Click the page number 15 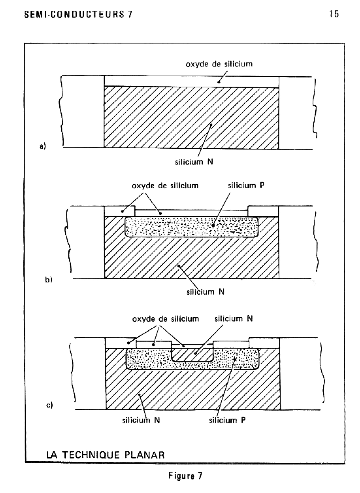334,14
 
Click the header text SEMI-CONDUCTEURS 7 78,14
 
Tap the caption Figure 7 185,476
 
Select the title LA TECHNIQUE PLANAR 105,455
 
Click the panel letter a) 43,146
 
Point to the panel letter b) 49,280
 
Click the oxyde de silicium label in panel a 219,64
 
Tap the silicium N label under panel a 194,162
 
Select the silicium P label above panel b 246,185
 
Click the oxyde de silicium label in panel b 165,186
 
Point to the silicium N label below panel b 205,292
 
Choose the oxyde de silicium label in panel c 166,319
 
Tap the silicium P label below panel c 227,420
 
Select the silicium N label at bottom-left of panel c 141,420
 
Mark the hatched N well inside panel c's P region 192,355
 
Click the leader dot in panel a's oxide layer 218,82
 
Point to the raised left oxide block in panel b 119,211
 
